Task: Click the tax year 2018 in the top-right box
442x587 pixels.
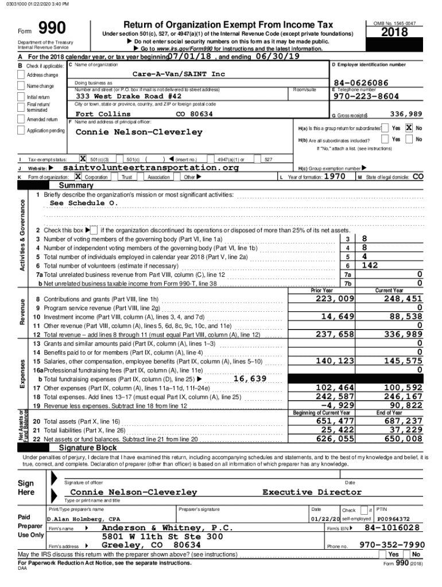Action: (x=396, y=33)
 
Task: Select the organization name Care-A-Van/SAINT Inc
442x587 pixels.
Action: (x=179, y=75)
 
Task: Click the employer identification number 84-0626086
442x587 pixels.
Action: (x=360, y=83)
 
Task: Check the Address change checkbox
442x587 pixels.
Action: (x=21, y=75)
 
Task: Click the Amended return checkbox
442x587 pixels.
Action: (x=21, y=120)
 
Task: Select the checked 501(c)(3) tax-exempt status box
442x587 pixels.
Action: (x=83, y=159)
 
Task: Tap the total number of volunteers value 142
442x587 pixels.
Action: (x=370, y=265)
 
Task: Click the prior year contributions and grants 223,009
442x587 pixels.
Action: (x=335, y=299)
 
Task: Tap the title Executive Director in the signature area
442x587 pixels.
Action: (x=312, y=492)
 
